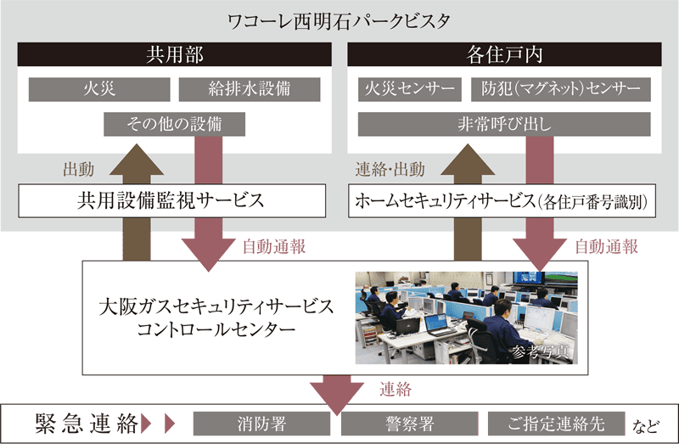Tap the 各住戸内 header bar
(x=505, y=56)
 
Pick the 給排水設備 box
(x=250, y=89)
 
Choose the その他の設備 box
(x=174, y=124)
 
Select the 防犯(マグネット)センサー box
(x=561, y=89)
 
